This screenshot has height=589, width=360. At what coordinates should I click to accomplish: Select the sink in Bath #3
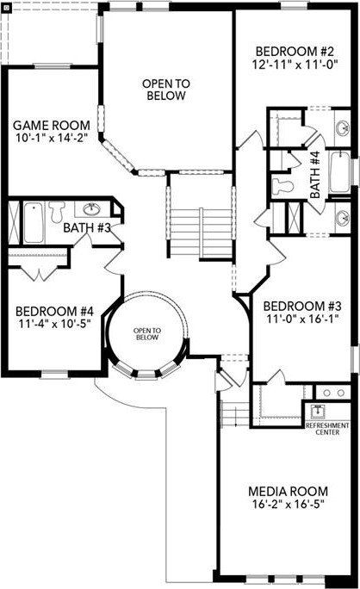[90, 208]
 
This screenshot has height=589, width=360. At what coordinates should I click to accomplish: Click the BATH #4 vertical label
[315, 175]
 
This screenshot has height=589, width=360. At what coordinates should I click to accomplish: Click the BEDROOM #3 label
[297, 307]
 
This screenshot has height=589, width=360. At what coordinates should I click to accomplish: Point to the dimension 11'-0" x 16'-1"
[297, 321]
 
